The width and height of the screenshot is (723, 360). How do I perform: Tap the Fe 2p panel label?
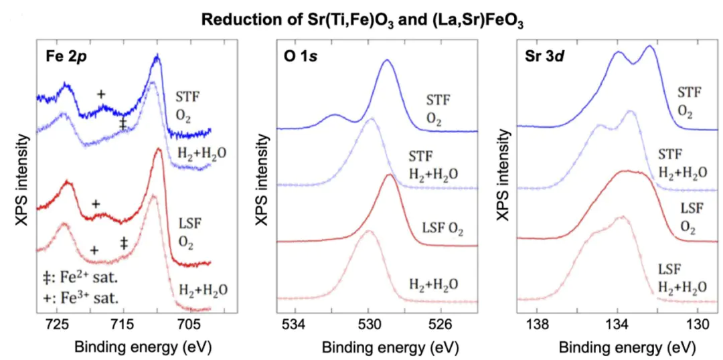click(x=68, y=56)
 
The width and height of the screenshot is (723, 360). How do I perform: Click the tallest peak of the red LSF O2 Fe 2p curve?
click(x=159, y=151)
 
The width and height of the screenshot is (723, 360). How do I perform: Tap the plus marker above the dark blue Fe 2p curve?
click(x=101, y=94)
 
